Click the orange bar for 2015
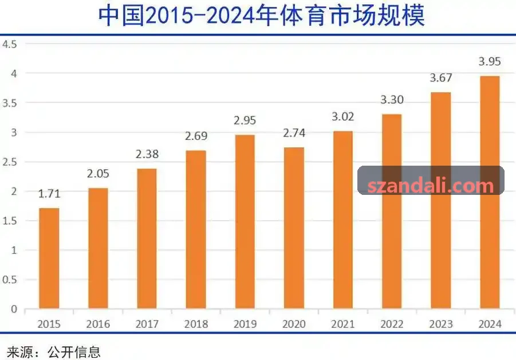pyautogui.click(x=49, y=258)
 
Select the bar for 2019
pyautogui.click(x=245, y=222)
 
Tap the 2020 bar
pyautogui.click(x=294, y=228)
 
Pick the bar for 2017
pyautogui.click(x=147, y=238)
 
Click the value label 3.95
pyautogui.click(x=490, y=61)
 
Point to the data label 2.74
pyautogui.click(x=294, y=133)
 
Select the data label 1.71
pyautogui.click(x=49, y=193)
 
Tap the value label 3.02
pyautogui.click(x=343, y=116)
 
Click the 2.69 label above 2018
pyautogui.click(x=196, y=136)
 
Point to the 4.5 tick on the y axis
pyautogui.click(x=10, y=44)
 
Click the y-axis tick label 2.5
pyautogui.click(x=10, y=162)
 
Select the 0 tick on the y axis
pyautogui.click(x=14, y=309)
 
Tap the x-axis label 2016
pyautogui.click(x=98, y=324)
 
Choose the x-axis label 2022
pyautogui.click(x=392, y=324)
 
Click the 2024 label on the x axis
pyautogui.click(x=490, y=324)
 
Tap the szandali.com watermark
pyautogui.click(x=431, y=186)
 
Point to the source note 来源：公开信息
pyautogui.click(x=54, y=352)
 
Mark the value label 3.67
pyautogui.click(x=441, y=78)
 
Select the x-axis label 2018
pyautogui.click(x=196, y=324)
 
